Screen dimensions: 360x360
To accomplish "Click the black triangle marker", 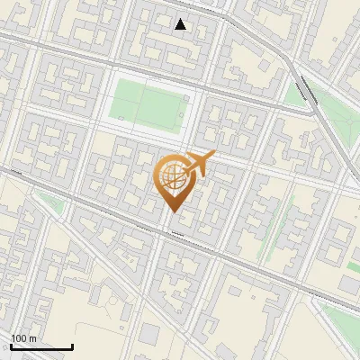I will (x=181, y=24).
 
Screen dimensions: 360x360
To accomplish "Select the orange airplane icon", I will (x=201, y=162).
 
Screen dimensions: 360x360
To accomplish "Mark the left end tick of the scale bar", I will (x=11, y=346).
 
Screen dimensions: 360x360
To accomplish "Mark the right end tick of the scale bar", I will (x=72, y=346).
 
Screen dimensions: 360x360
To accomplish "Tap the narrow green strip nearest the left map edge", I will (x=54, y=204).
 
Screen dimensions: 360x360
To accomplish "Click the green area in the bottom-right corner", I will (x=342, y=315).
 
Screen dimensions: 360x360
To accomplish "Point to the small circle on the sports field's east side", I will (x=184, y=113).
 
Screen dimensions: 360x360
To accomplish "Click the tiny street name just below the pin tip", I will (x=176, y=236).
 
